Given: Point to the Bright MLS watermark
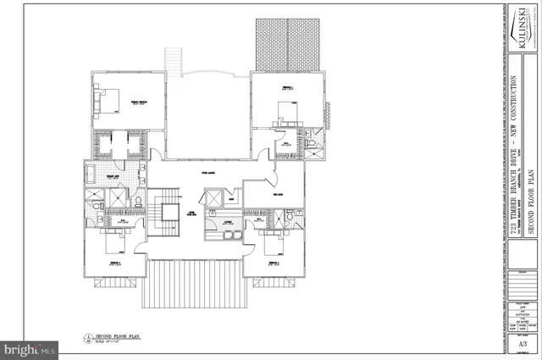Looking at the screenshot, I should pyautogui.click(x=30, y=348).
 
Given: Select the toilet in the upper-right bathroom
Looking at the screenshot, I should pyautogui.click(x=311, y=147).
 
